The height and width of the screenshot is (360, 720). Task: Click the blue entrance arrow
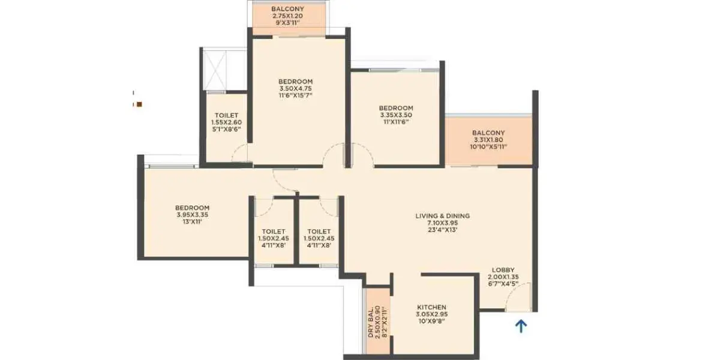click(x=521, y=326)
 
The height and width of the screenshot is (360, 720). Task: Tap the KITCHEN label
click(x=431, y=307)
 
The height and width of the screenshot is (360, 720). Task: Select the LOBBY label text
click(x=503, y=270)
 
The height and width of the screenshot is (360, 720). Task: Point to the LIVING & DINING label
click(x=443, y=216)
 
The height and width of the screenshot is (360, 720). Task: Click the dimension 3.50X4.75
click(x=295, y=88)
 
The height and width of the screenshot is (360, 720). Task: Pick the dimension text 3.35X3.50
click(x=396, y=115)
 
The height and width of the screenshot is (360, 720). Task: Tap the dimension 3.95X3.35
click(x=192, y=215)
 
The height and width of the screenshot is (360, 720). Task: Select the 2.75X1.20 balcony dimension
click(x=287, y=16)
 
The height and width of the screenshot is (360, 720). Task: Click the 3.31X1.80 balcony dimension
click(x=488, y=140)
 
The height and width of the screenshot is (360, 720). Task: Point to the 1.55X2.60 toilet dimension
click(x=226, y=122)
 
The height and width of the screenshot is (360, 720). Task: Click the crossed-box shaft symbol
click(x=215, y=70)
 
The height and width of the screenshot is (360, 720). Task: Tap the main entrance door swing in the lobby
click(x=517, y=297)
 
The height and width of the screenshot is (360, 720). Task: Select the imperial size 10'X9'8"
click(x=431, y=321)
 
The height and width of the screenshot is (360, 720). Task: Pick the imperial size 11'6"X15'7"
click(x=295, y=95)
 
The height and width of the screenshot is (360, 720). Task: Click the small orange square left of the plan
click(x=139, y=104)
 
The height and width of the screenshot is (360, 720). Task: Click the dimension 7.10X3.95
click(x=443, y=223)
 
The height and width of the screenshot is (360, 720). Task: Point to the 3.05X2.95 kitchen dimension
click(x=431, y=314)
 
